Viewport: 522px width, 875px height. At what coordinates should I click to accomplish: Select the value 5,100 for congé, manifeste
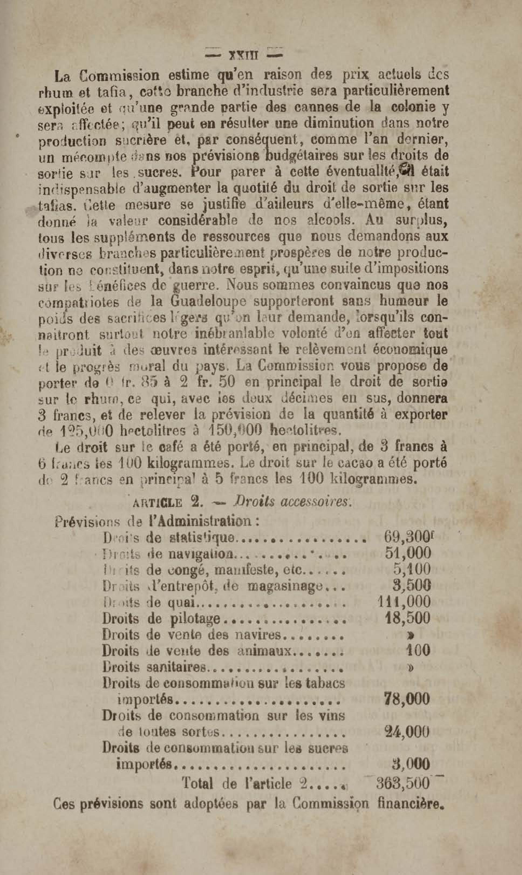tap(412, 570)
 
